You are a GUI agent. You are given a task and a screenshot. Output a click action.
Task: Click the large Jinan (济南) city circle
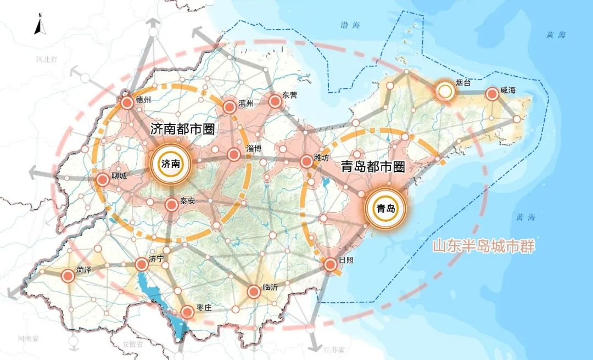[170, 163]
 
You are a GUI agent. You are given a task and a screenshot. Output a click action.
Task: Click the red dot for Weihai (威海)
[492, 94]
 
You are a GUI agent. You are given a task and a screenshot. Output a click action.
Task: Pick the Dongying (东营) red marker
[275, 100]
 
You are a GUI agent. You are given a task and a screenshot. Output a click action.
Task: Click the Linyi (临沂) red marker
[254, 291]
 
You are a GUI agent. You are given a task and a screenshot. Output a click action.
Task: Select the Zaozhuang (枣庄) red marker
[188, 312]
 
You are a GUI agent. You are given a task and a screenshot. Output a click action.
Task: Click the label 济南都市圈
[182, 130]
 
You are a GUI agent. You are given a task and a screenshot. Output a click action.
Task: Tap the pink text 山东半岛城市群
[483, 246]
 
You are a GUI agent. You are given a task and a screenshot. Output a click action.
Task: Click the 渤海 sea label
[349, 25]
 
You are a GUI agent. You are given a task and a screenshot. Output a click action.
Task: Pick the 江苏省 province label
[334, 350]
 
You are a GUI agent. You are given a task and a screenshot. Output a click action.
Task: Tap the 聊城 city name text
[119, 176]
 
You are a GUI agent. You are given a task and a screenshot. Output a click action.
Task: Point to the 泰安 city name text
[188, 201]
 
